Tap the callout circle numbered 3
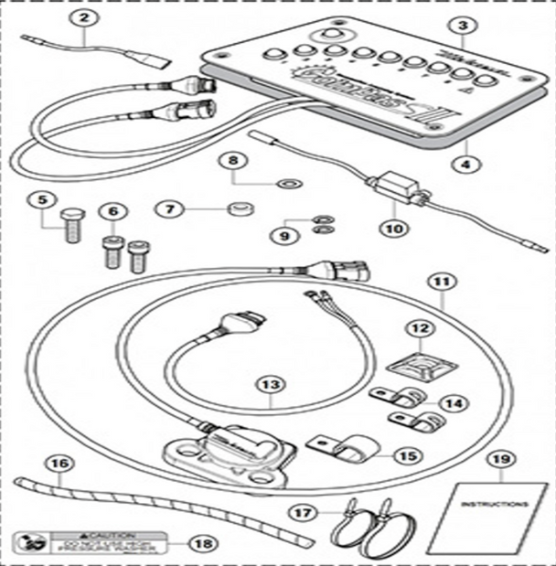(x=464, y=27)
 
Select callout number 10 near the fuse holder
(x=393, y=230)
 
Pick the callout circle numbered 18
(x=198, y=542)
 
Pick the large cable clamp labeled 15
(x=346, y=447)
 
